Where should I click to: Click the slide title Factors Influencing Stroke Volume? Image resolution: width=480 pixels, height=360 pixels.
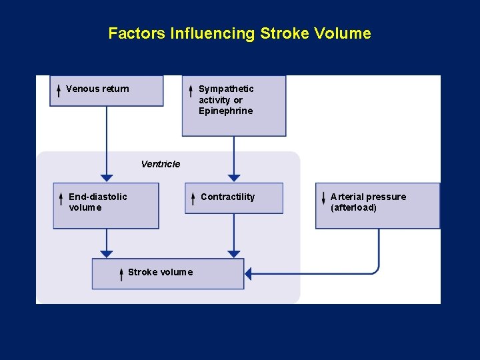(239, 33)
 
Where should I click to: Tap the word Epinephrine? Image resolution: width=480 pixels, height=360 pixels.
(226, 111)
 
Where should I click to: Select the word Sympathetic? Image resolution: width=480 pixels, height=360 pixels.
(226, 89)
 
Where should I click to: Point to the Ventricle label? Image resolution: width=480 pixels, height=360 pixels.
(161, 164)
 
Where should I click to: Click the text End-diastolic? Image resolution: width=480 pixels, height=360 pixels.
(98, 197)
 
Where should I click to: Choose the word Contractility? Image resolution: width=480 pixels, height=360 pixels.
(227, 197)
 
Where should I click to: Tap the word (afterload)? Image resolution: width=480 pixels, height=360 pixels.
(353, 207)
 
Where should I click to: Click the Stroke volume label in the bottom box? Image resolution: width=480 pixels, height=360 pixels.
(160, 272)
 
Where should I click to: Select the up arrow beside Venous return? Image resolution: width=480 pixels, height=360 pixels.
(59, 90)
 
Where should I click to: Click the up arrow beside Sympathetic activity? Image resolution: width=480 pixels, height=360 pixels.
(191, 91)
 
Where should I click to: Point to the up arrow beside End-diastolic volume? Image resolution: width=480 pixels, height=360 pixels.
(60, 198)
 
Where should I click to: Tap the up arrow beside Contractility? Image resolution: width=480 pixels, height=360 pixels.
(193, 198)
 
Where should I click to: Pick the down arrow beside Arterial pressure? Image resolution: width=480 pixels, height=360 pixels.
(323, 198)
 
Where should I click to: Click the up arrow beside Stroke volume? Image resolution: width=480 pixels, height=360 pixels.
(121, 273)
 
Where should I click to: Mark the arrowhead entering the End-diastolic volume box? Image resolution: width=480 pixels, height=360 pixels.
(107, 178)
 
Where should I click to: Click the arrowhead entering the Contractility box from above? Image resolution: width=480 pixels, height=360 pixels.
(234, 178)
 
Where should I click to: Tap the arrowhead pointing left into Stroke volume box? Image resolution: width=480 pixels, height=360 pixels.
(249, 273)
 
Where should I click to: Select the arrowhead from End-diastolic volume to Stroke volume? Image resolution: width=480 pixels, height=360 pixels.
(107, 254)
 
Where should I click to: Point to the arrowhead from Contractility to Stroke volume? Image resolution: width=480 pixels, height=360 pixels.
(234, 254)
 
